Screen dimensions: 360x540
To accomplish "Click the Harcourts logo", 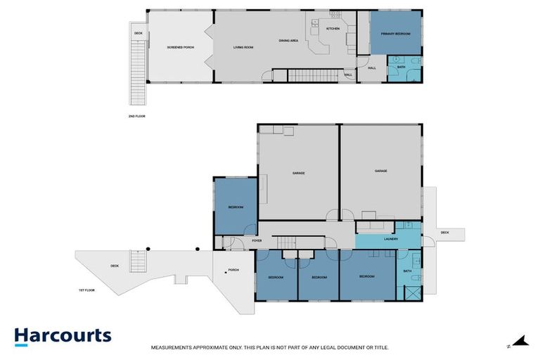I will tap(63, 336).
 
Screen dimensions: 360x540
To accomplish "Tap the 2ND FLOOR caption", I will tap(136, 116).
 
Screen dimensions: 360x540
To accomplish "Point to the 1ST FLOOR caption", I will tap(86, 290).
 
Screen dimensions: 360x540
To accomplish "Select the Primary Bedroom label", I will tap(395, 34).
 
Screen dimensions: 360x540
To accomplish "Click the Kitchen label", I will tap(333, 29).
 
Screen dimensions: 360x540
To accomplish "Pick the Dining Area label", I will tap(288, 41).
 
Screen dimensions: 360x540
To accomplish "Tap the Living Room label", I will tap(243, 47).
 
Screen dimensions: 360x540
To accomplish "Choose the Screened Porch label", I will tap(180, 47).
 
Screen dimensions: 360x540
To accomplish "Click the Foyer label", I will tap(257, 241).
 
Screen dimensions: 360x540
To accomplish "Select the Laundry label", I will tap(391, 239).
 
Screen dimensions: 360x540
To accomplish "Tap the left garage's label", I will tap(298, 173).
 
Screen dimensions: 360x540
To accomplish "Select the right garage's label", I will tap(381, 171).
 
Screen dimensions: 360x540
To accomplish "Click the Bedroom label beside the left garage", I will tap(236, 207).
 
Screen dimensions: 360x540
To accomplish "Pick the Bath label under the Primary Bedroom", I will tap(401, 67).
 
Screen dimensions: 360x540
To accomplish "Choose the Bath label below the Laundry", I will tap(407, 271).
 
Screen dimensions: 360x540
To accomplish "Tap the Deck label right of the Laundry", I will tap(444, 232).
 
